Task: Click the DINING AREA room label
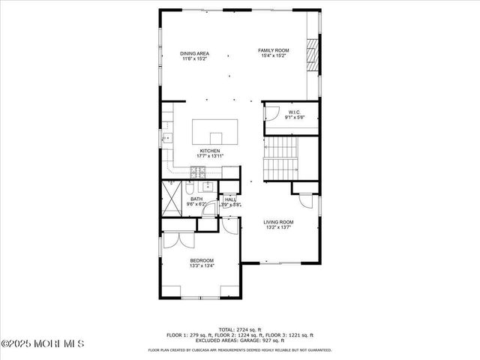[194, 54]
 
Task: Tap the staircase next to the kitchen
[282, 157]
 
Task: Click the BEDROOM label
[202, 262]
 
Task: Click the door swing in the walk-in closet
[271, 114]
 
